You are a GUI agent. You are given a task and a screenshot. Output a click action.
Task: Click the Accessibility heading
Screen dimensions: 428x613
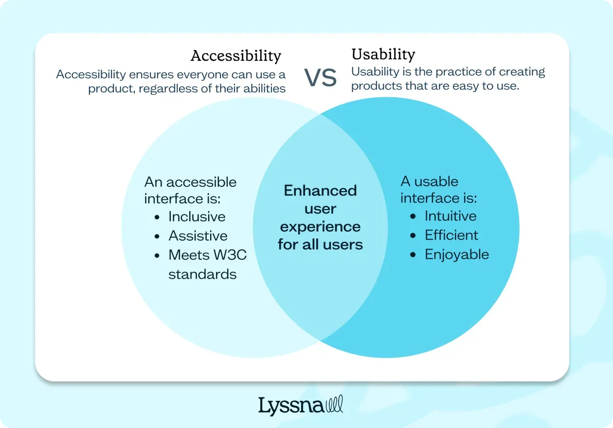(x=236, y=56)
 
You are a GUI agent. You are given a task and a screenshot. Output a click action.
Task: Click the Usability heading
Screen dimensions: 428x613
(x=383, y=54)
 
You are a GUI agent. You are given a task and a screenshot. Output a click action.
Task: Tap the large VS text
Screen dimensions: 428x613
(x=320, y=78)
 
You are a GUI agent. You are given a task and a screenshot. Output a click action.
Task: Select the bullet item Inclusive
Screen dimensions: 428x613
(x=197, y=216)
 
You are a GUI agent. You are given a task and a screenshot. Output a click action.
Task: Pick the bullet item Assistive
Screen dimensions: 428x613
(x=198, y=236)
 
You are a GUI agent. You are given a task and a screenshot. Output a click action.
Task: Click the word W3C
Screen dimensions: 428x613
(x=231, y=255)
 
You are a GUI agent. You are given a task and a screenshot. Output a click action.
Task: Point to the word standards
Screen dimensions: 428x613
(x=202, y=274)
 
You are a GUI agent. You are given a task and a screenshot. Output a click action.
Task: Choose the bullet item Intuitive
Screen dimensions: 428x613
(x=451, y=216)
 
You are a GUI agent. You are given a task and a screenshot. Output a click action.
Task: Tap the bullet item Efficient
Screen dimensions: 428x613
(x=451, y=235)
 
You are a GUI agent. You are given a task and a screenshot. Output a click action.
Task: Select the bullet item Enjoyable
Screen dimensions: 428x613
(x=457, y=254)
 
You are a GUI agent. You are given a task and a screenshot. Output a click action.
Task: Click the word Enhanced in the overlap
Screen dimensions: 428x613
(x=320, y=190)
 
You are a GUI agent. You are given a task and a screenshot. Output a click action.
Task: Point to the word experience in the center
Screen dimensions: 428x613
(x=320, y=227)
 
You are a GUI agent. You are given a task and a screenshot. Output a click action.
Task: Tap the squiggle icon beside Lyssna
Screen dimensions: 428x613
(x=334, y=404)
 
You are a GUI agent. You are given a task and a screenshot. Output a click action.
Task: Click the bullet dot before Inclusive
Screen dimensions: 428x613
(x=157, y=217)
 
